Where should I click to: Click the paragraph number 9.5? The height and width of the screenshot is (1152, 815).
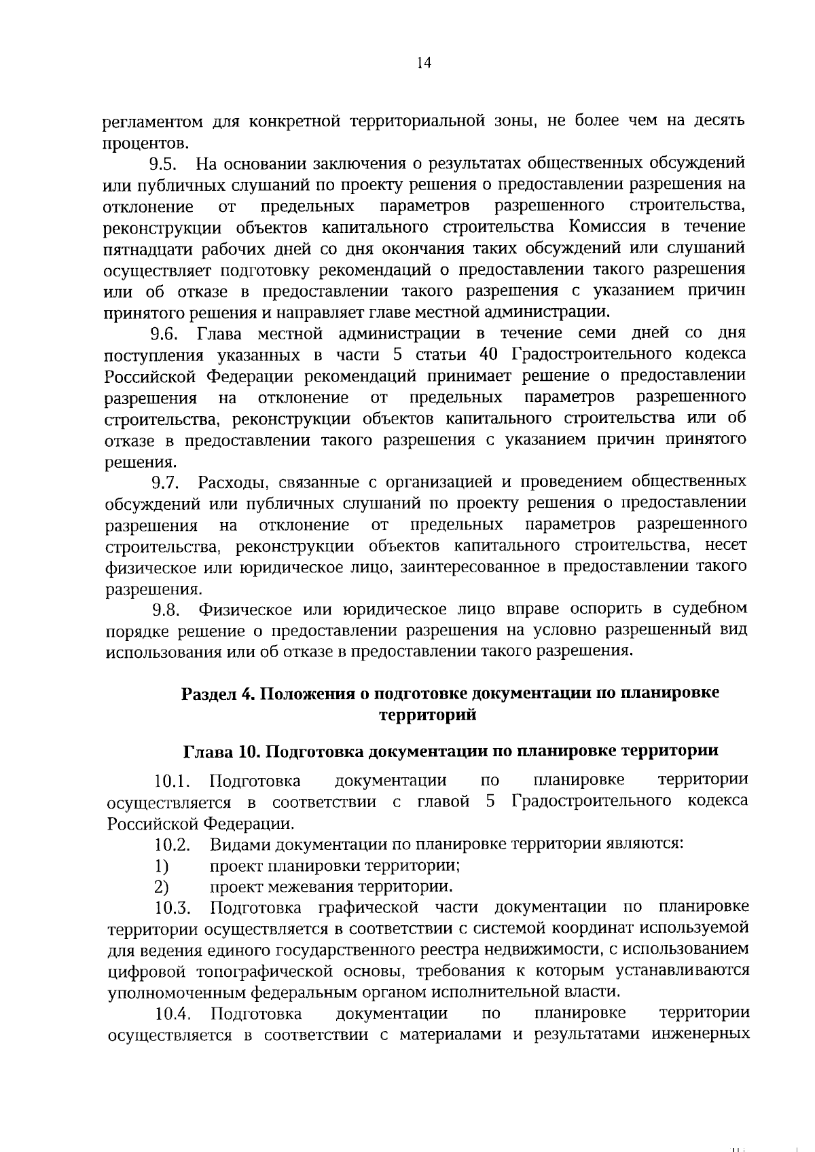coord(163,164)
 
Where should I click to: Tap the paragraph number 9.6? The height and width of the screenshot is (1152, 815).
coord(164,334)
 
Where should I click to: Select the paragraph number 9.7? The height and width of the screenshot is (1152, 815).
coord(164,483)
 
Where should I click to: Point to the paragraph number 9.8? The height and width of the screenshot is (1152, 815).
coord(165,610)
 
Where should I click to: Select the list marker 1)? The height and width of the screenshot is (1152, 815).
coord(161,866)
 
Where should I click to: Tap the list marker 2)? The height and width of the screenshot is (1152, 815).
coord(161,887)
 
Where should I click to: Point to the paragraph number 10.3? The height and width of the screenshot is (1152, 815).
coord(173,908)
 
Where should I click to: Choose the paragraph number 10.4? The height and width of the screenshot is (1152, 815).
coord(173,1015)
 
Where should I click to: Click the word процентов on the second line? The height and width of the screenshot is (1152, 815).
coord(145,143)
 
